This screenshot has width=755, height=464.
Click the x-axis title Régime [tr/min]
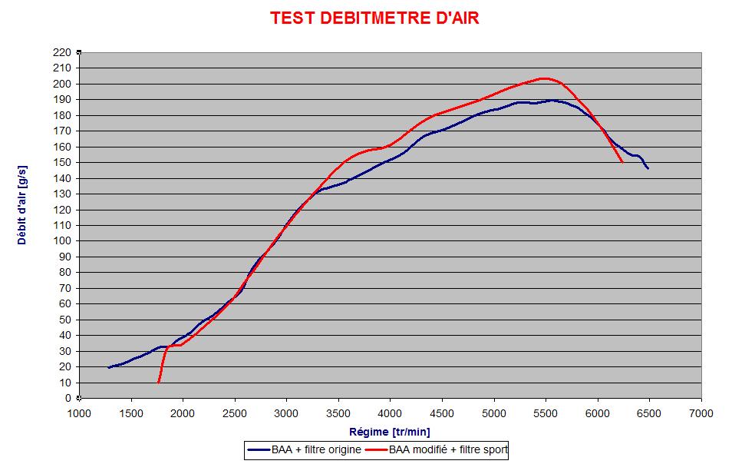[x=390, y=432]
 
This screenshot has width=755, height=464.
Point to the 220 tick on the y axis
[x=61, y=52]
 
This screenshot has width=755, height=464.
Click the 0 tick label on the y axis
[x=68, y=398]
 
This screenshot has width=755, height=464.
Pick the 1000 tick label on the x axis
[x=80, y=413]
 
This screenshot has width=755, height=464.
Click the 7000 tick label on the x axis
[x=701, y=413]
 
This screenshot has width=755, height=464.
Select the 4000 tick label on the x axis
[x=391, y=413]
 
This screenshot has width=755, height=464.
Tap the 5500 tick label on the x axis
[x=546, y=413]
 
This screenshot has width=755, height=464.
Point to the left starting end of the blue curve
[x=109, y=367]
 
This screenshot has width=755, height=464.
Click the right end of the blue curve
[x=648, y=168]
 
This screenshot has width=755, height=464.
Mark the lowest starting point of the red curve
[x=159, y=382]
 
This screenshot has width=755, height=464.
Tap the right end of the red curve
[x=621, y=162]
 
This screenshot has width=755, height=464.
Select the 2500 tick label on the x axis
[x=235, y=413]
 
